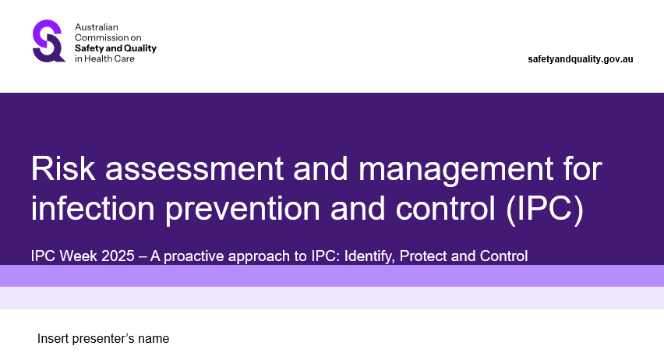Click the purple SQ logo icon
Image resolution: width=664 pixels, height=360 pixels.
pos(49,41)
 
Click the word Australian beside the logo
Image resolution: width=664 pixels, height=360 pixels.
pos(95,27)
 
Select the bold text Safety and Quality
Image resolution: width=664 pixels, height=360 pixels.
pos(115,48)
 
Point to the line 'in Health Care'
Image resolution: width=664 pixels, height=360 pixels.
pos(104,58)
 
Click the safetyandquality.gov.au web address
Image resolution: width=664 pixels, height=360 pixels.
pos(581,59)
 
